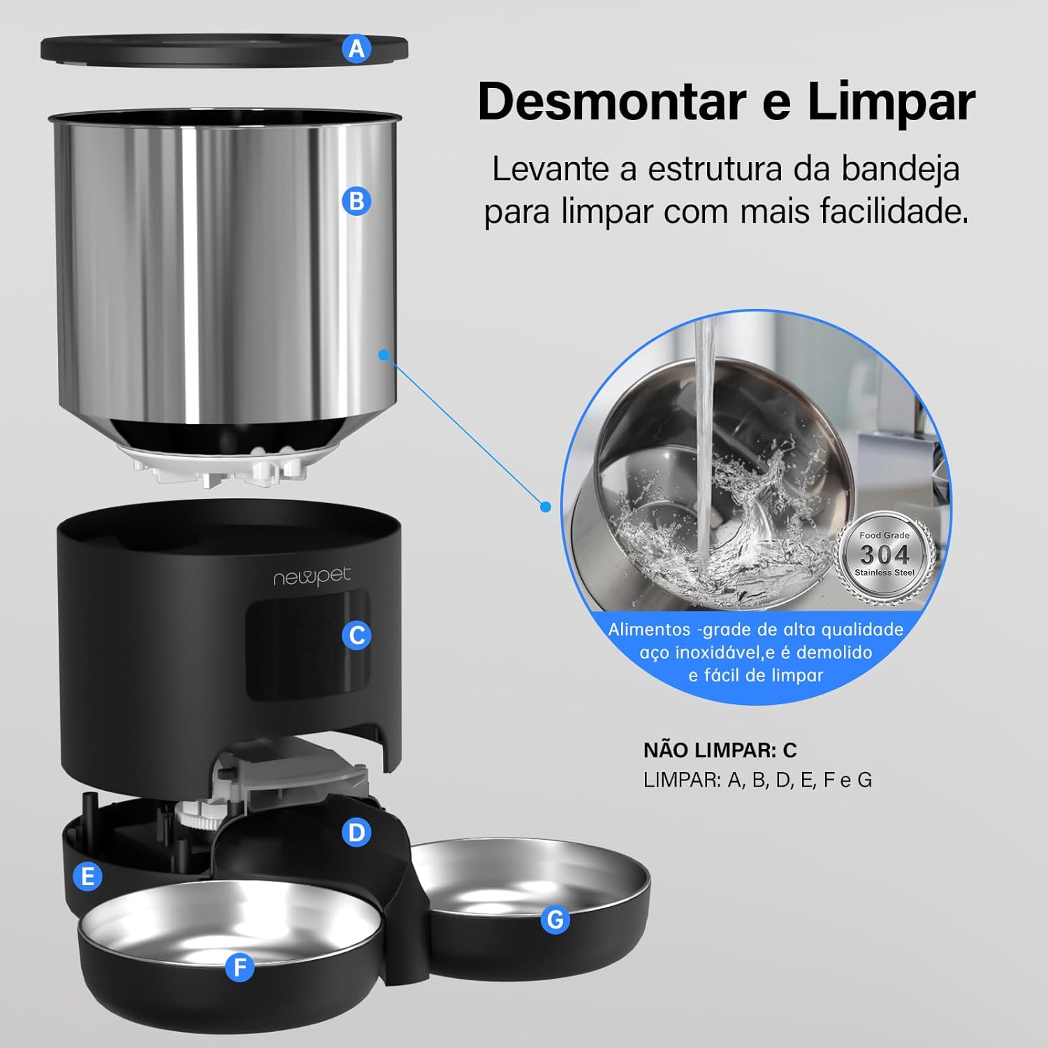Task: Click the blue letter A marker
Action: pyautogui.click(x=357, y=49)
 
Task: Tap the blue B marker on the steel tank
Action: pyautogui.click(x=357, y=201)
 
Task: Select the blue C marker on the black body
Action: pyautogui.click(x=357, y=635)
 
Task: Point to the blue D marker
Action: pyautogui.click(x=357, y=832)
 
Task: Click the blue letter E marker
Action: pyautogui.click(x=88, y=876)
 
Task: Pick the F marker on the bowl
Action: pyautogui.click(x=240, y=968)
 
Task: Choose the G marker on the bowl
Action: pyautogui.click(x=555, y=919)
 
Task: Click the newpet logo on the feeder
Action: pyautogui.click(x=312, y=578)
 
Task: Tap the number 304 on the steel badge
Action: pyautogui.click(x=885, y=555)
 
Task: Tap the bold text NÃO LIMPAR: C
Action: pyautogui.click(x=720, y=750)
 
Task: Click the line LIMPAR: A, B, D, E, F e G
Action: pyautogui.click(x=758, y=780)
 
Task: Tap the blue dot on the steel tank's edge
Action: pyautogui.click(x=383, y=354)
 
